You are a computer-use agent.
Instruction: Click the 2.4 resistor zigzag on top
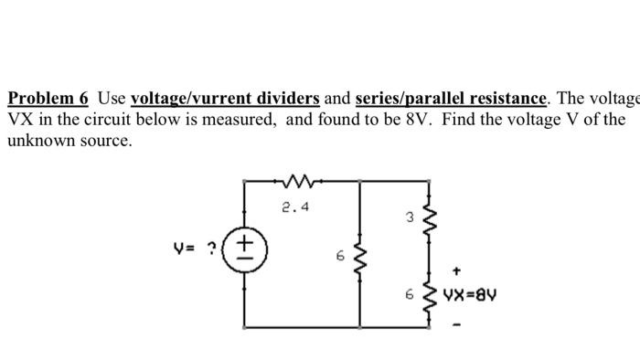pos(301,183)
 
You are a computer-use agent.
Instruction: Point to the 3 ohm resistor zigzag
pos(426,219)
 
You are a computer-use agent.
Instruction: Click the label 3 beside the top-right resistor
pos(411,218)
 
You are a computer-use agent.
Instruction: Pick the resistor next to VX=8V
pos(426,294)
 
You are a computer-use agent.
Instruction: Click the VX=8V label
pos(468,295)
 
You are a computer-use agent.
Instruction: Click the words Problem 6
pos(47,99)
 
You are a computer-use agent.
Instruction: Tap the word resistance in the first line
pos(507,99)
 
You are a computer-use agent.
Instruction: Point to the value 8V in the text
pos(412,121)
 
